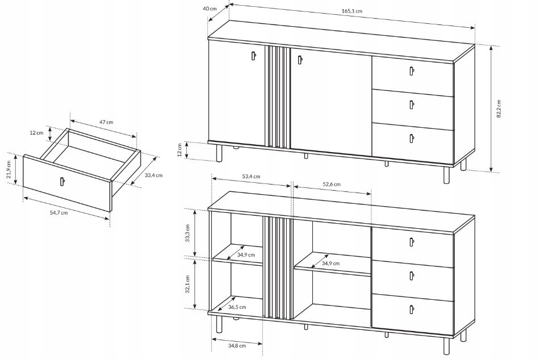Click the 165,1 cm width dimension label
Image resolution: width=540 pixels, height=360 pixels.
[x=351, y=11]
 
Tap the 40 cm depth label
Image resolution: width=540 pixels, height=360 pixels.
[x=210, y=9]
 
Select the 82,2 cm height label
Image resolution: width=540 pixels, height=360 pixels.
[x=499, y=108]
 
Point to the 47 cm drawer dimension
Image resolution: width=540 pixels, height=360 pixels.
[x=106, y=122]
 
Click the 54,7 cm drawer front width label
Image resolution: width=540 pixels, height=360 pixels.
[x=59, y=212]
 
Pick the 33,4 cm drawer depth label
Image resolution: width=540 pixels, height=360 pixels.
[x=154, y=175]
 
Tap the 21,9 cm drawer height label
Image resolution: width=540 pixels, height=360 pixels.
[x=9, y=169]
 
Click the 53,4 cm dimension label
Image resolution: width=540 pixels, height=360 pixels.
[x=251, y=177]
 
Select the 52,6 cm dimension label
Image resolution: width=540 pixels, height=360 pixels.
[x=331, y=185]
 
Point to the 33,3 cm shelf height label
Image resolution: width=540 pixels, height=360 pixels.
[x=187, y=233]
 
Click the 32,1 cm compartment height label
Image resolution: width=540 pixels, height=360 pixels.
[x=187, y=284]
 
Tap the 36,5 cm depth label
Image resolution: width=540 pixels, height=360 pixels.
[x=237, y=307]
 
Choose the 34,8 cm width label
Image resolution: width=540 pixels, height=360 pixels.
[x=237, y=345]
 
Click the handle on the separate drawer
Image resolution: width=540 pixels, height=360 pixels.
[x=62, y=182]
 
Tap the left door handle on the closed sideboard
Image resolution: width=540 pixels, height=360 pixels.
[x=253, y=56]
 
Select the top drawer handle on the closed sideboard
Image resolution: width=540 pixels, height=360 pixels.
[x=412, y=71]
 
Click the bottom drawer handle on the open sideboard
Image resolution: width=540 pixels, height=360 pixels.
[x=412, y=309]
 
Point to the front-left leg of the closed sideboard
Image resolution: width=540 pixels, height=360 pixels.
[x=219, y=153]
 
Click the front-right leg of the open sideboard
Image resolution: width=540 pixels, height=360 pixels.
[x=447, y=346]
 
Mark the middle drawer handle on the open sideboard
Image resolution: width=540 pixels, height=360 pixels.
[x=412, y=275]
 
